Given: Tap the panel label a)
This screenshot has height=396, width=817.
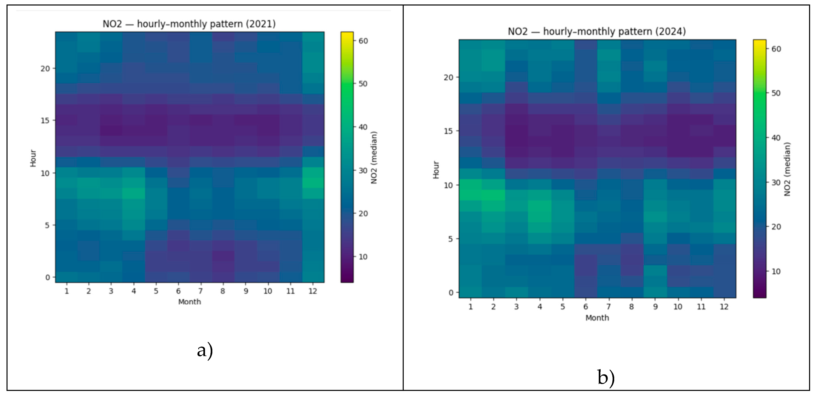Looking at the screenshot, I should [205, 351].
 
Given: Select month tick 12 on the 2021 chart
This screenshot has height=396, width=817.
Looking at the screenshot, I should [313, 291].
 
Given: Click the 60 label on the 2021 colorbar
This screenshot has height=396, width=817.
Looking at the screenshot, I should [363, 41].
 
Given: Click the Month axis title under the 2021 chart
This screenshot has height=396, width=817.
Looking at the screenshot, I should [189, 302].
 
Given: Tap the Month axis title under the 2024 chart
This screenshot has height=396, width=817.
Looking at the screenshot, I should [597, 318].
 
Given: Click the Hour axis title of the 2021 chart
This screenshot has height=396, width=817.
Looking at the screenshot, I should [33, 158].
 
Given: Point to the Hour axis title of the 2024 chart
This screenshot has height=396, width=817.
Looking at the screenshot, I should [436, 170].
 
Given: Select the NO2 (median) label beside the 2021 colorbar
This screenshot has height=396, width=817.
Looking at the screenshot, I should [374, 158].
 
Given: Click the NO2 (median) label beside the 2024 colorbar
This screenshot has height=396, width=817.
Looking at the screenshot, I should [787, 169].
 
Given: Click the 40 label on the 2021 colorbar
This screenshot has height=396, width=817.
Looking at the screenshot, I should [363, 127].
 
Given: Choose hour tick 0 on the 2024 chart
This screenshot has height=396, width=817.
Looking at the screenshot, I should [451, 293].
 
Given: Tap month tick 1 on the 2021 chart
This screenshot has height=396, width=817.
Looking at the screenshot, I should [67, 291].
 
